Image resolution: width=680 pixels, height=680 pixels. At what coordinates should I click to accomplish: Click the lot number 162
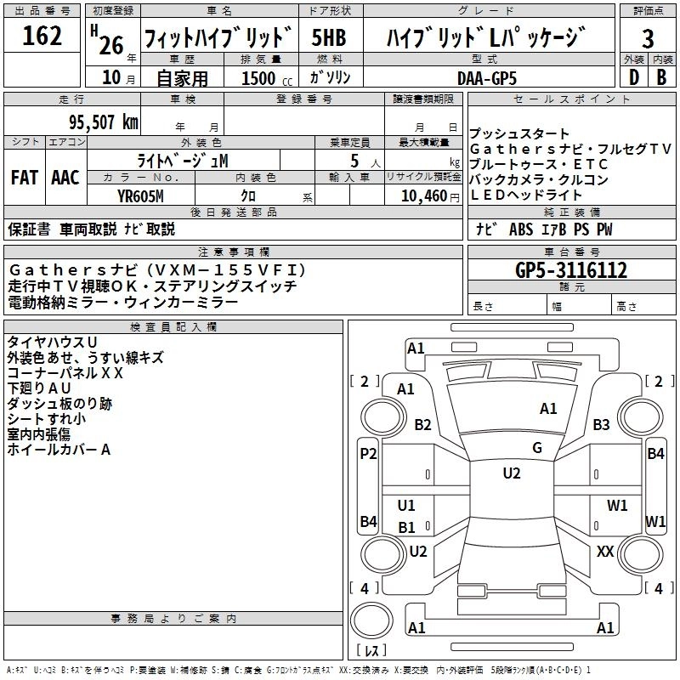[42, 37]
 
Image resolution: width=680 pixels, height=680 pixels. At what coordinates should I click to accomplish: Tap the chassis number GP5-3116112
[571, 270]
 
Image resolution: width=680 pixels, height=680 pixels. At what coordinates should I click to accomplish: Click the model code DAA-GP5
[486, 76]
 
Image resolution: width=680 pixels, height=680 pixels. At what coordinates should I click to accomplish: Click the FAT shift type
[24, 178]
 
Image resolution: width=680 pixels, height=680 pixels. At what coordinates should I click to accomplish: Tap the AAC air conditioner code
[65, 178]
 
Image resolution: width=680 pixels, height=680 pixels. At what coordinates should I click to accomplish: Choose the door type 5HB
[330, 37]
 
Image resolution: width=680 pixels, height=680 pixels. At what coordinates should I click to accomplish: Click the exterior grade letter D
[633, 76]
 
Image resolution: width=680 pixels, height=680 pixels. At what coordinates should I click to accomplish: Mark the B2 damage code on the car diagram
[422, 425]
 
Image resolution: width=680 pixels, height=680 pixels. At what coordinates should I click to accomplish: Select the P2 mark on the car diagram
[367, 454]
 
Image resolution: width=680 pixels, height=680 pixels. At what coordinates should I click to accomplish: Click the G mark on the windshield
[537, 448]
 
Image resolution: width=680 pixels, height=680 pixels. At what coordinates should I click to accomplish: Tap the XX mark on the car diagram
[605, 552]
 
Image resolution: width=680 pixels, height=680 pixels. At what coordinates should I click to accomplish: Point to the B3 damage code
[602, 425]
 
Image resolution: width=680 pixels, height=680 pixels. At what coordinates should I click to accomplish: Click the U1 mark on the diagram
[407, 506]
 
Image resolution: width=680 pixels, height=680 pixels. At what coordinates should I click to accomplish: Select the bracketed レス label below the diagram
[371, 651]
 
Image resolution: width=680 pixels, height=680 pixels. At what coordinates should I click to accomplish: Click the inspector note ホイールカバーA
[59, 450]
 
